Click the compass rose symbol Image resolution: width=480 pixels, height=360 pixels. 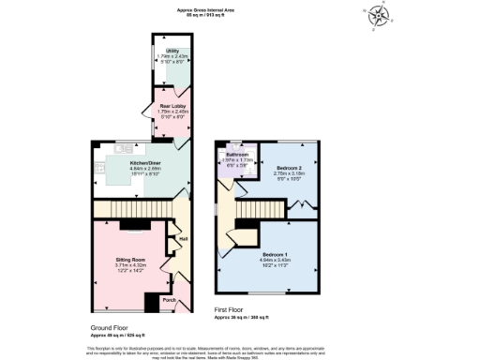pyautogui.click(x=378, y=14)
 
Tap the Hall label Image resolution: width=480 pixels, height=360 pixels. pyautogui.click(x=183, y=238)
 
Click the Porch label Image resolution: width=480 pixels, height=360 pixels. pyautogui.click(x=169, y=300)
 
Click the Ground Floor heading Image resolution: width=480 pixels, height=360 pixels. pyautogui.click(x=110, y=327)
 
